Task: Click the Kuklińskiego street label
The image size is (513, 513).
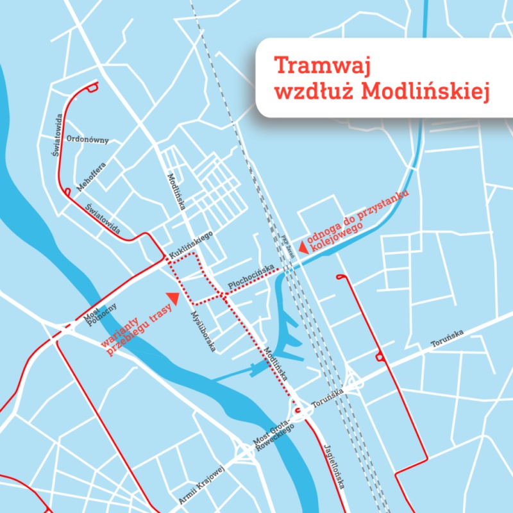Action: [x=190, y=244]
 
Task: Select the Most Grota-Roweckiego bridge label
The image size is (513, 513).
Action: [x=274, y=435]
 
